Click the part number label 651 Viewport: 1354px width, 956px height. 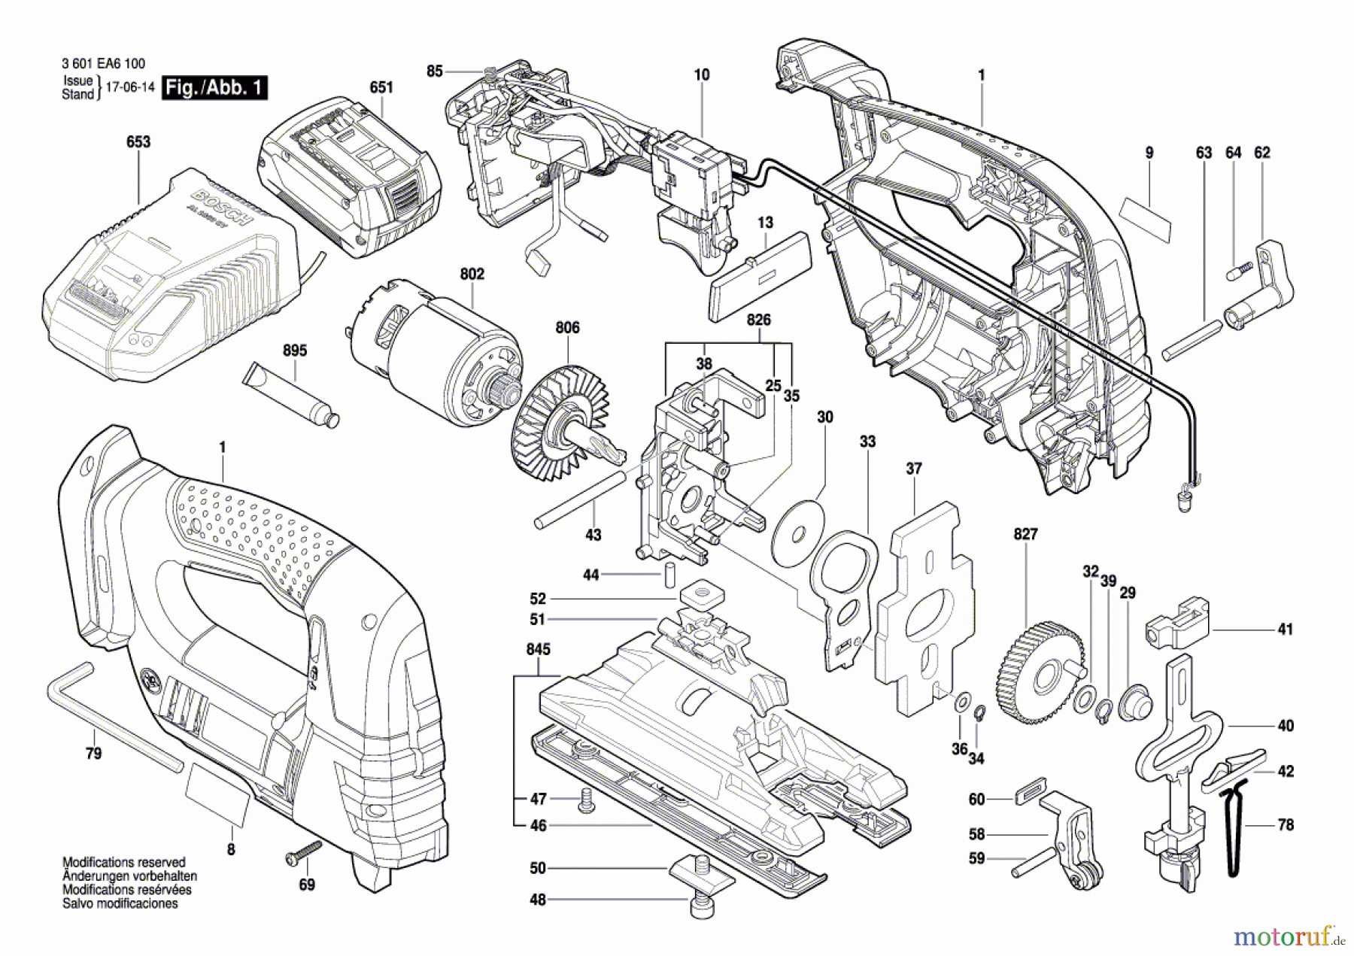click(381, 87)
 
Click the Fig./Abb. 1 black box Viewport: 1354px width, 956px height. click(214, 87)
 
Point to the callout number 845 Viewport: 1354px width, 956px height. click(538, 649)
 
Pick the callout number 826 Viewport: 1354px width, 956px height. click(758, 320)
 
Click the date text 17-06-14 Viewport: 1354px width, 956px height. click(129, 87)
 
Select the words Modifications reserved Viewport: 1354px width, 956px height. click(123, 862)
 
